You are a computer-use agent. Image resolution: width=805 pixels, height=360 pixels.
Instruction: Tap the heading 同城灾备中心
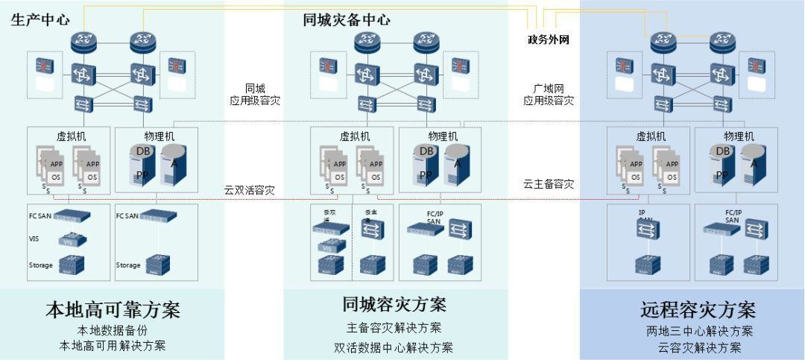point(347,20)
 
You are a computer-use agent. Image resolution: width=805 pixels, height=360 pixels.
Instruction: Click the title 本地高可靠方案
point(113,309)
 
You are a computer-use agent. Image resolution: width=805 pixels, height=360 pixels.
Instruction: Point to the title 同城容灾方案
point(394,305)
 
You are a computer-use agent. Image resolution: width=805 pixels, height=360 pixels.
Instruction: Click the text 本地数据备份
point(113,330)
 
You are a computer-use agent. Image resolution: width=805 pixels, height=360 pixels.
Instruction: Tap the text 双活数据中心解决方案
point(394,347)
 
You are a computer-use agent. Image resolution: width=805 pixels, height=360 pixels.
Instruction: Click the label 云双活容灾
point(249,190)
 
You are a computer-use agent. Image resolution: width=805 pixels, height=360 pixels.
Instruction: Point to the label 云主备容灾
point(548,184)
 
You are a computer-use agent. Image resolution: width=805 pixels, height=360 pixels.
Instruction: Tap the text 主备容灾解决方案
point(394,328)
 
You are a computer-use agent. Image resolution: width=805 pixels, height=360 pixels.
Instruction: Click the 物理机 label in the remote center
point(739,136)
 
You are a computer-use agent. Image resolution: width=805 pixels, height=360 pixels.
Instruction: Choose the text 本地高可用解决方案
point(113,346)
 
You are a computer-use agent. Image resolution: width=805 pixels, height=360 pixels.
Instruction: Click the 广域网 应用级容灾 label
point(548,95)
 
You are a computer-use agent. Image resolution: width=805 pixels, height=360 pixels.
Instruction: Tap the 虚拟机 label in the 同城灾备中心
point(355,136)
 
